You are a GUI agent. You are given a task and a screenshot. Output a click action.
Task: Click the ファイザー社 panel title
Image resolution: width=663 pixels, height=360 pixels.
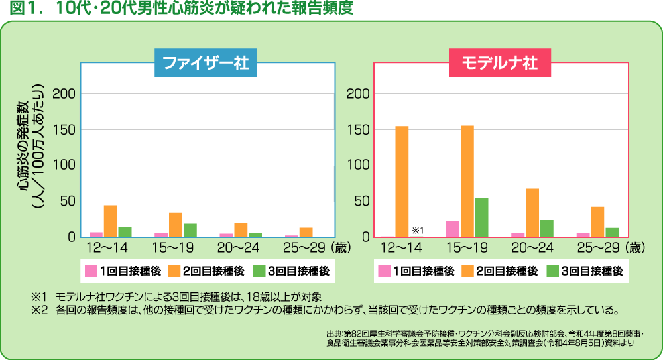point(206,64)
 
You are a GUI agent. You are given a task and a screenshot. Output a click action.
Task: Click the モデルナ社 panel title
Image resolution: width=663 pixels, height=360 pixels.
point(499,64)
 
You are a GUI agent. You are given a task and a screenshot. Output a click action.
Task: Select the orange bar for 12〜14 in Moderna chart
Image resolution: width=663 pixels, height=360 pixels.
point(402,181)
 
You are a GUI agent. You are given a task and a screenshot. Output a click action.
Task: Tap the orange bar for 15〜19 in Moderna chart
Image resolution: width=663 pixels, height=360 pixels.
point(467,181)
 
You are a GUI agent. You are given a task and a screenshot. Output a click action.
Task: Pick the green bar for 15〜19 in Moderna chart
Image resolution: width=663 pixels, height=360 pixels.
point(481,217)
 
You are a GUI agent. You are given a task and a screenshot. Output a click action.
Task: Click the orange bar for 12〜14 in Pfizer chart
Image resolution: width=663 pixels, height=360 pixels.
point(111,221)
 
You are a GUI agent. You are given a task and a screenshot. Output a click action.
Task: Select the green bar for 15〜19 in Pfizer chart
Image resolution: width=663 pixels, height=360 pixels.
point(190,230)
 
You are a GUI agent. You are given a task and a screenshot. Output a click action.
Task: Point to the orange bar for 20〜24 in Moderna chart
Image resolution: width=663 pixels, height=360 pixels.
point(532,212)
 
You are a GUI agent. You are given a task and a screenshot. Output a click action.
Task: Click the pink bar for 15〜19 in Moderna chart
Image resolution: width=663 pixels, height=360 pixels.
point(453,229)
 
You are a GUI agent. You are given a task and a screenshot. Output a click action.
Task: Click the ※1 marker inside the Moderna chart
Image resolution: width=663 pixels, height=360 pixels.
point(418,230)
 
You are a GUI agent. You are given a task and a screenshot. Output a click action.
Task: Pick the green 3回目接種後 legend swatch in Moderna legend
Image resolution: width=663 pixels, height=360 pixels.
point(553,271)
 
